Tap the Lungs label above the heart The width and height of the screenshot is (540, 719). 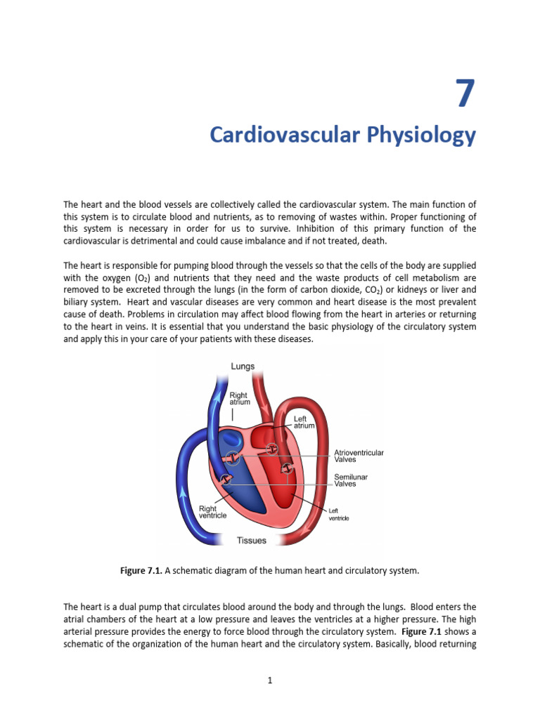click(243, 366)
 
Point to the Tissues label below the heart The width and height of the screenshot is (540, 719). click(252, 541)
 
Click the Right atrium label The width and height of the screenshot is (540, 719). click(238, 399)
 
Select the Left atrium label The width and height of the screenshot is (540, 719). click(304, 422)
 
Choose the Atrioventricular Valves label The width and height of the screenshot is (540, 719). click(359, 456)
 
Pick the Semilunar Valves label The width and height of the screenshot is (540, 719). click(350, 480)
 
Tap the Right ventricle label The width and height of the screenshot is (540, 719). click(212, 512)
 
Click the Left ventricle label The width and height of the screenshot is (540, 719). click(339, 515)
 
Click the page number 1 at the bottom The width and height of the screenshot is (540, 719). click(269, 680)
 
